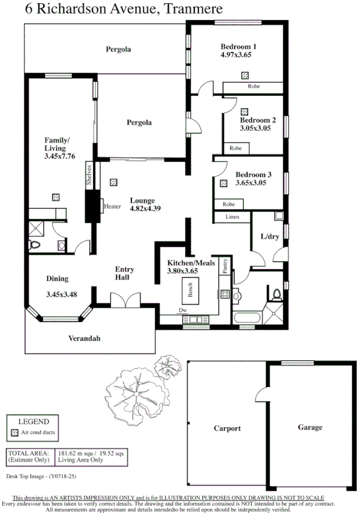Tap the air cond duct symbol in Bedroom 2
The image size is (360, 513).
click(244, 111)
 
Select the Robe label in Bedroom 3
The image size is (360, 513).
click(229, 204)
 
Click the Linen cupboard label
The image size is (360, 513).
click(231, 217)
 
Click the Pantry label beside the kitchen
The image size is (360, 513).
click(225, 266)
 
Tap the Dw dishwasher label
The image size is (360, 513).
click(184, 310)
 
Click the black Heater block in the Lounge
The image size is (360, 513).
click(94, 206)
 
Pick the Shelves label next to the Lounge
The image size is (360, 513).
click(88, 175)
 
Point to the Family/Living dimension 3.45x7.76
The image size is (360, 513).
click(60, 157)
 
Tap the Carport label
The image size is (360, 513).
click(227, 428)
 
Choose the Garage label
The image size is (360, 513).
click(309, 427)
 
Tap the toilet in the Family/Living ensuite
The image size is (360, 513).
click(35, 244)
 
